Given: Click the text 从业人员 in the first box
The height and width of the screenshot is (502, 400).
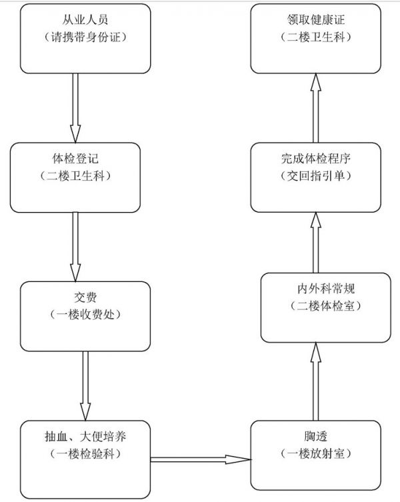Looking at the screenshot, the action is point(85,20).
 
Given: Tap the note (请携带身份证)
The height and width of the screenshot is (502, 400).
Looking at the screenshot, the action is point(85,37).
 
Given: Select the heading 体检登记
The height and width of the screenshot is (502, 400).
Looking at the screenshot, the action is point(75,159).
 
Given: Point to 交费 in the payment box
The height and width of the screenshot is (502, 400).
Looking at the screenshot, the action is point(85,297).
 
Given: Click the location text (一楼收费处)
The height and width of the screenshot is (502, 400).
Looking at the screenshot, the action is point(85,315).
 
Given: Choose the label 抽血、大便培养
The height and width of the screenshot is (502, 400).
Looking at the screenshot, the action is point(85,436).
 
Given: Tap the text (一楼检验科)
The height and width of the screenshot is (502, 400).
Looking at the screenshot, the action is point(85,453).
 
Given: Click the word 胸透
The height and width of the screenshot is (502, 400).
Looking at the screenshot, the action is point(316,436).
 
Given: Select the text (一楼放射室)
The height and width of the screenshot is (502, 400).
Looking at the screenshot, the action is point(316,453).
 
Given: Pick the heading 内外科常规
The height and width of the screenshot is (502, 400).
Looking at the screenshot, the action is point(326,289).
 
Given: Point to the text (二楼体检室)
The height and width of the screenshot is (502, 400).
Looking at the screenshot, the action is point(326,306).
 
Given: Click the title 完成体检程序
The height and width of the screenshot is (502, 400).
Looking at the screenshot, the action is point(316,159).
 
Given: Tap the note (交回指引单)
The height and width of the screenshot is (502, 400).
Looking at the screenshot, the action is point(316,176).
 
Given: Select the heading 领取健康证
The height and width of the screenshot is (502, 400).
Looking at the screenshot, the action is point(316,20).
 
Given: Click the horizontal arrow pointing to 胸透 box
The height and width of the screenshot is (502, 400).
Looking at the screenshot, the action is point(201,459).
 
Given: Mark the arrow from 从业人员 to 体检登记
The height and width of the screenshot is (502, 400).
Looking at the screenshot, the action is point(75,108).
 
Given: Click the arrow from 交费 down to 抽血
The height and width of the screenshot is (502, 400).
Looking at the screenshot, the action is point(85,386).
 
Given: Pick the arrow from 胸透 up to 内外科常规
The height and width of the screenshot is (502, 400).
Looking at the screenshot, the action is point(316,381).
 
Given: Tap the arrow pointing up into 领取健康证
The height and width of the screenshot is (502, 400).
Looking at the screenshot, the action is point(316,108).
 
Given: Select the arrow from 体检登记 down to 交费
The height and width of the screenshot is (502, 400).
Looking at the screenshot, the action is point(75,247).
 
